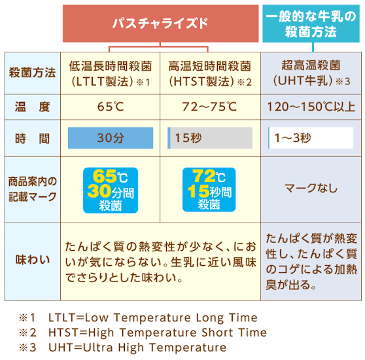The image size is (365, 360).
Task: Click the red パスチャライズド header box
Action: [x=161, y=24]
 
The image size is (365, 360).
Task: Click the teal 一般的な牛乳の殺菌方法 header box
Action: [x=311, y=24]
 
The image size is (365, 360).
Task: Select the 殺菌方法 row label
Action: [x=32, y=73]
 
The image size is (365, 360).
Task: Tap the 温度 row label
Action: [x=32, y=107]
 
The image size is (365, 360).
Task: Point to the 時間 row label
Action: [x=32, y=139]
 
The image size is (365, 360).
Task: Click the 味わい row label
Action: [x=33, y=260]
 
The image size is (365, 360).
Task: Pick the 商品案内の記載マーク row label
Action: [x=33, y=189]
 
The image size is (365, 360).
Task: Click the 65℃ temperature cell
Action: [x=111, y=107]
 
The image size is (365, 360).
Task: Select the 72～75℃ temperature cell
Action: [x=209, y=107]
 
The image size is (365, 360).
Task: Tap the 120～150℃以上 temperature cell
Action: [x=311, y=107]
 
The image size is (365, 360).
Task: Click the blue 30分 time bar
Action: [x=111, y=138]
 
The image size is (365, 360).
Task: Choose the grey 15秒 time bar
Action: [x=210, y=138]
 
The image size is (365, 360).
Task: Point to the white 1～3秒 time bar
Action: [x=311, y=138]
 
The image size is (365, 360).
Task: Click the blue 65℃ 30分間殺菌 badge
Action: [x=111, y=190]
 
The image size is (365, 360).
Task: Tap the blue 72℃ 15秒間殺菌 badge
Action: [x=209, y=190]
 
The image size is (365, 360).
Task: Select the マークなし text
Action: [x=311, y=188]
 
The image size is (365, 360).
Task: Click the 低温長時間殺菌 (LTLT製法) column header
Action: [x=111, y=73]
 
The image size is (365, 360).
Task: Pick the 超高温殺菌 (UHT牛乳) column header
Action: [x=311, y=73]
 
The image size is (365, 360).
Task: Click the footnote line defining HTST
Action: [x=143, y=333]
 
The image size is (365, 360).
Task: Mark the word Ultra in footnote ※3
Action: [x=98, y=348]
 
